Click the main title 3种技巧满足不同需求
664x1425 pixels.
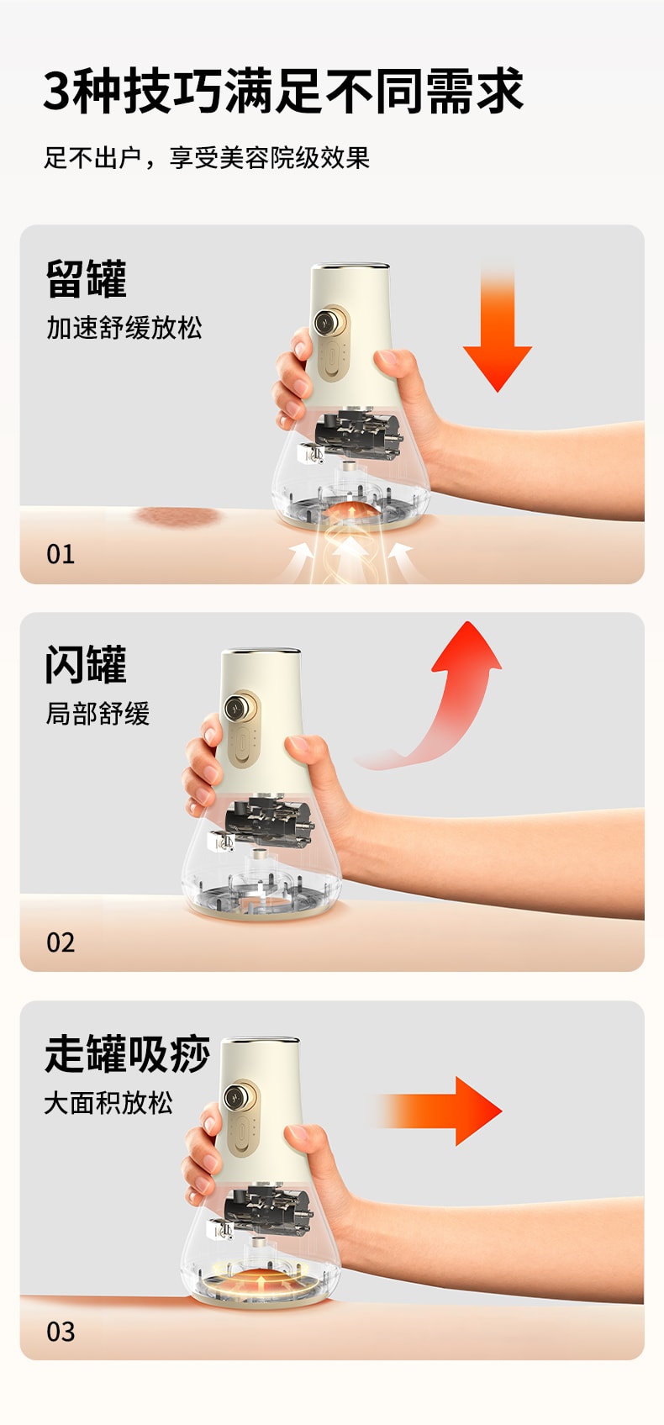(x=283, y=91)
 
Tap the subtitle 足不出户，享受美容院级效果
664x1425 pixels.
(x=207, y=157)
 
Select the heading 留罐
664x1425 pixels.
(x=86, y=280)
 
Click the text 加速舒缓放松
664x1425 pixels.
(x=124, y=328)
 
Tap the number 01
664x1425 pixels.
(x=61, y=554)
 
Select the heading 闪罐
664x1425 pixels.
(x=86, y=665)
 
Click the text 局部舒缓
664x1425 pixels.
(x=97, y=714)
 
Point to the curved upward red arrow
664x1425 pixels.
(x=445, y=698)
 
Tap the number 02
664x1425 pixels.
(x=61, y=942)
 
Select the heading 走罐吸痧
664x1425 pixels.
(x=127, y=1053)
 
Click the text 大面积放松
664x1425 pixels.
(x=108, y=1102)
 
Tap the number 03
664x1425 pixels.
(x=61, y=1332)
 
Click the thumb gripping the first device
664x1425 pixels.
(x=397, y=363)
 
